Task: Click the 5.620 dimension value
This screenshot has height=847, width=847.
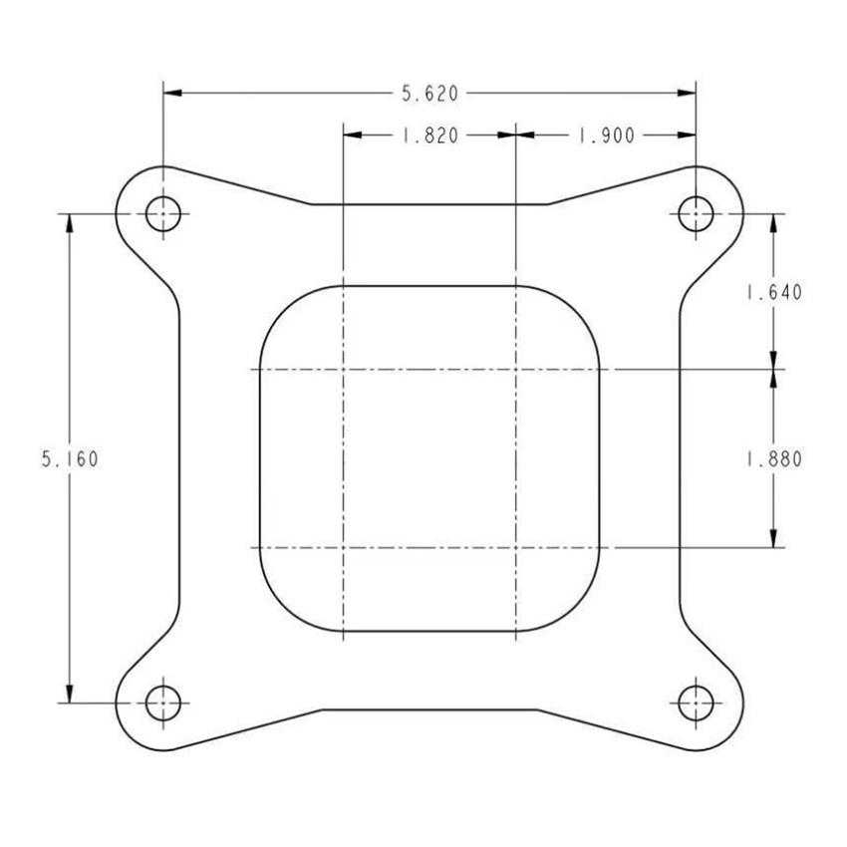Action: [429, 94]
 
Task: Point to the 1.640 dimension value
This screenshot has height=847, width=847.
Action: [773, 293]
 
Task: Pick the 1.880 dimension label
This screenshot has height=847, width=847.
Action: [773, 459]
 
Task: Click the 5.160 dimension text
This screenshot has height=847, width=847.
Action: [70, 459]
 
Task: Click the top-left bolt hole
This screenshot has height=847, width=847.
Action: [162, 213]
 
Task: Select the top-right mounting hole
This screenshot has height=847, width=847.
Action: [695, 213]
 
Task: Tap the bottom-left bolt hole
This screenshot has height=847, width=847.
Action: [162, 703]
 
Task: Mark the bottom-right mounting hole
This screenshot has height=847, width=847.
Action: [695, 703]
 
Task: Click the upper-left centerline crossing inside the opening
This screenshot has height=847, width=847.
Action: [343, 370]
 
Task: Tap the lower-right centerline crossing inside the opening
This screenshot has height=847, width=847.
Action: [515, 548]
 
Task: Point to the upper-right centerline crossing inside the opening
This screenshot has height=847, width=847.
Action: [515, 370]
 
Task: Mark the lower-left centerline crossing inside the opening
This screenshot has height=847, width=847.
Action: [343, 548]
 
